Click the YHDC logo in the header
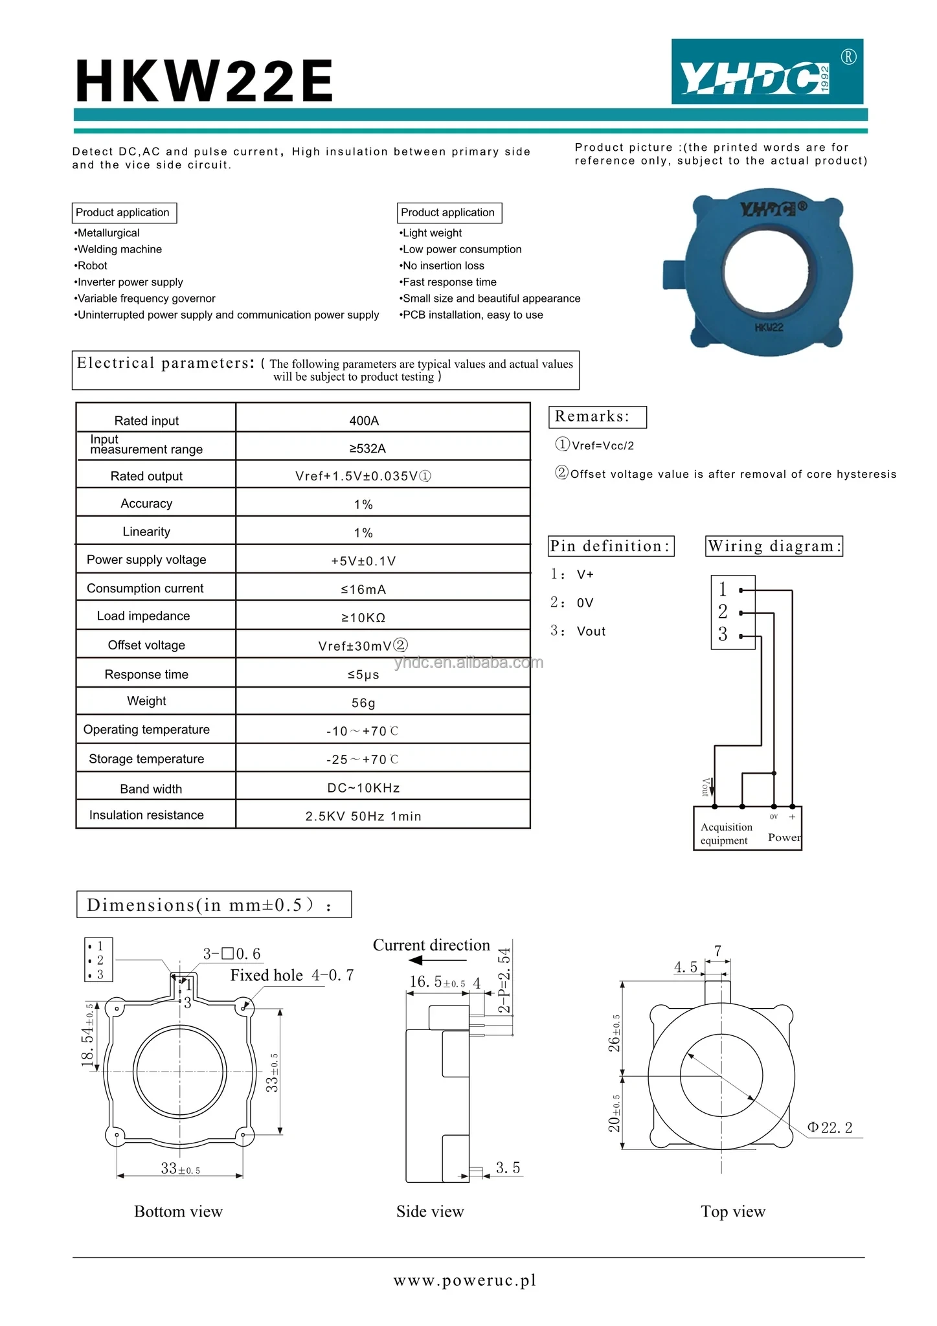767,72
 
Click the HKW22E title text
205,82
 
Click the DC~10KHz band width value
363,788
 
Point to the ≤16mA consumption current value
363,589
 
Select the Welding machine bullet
119,249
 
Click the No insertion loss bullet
443,265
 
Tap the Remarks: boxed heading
597,417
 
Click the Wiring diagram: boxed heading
774,546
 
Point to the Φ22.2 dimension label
830,1128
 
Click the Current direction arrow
438,960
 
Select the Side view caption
430,1211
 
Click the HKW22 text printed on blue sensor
769,328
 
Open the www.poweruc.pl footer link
465,1281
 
